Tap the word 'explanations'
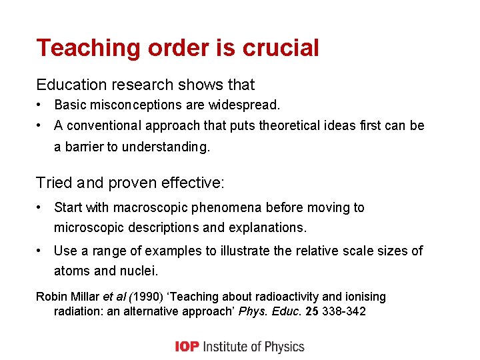pos(266,227)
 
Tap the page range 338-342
pos(343,312)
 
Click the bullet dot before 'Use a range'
pos(41,251)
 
